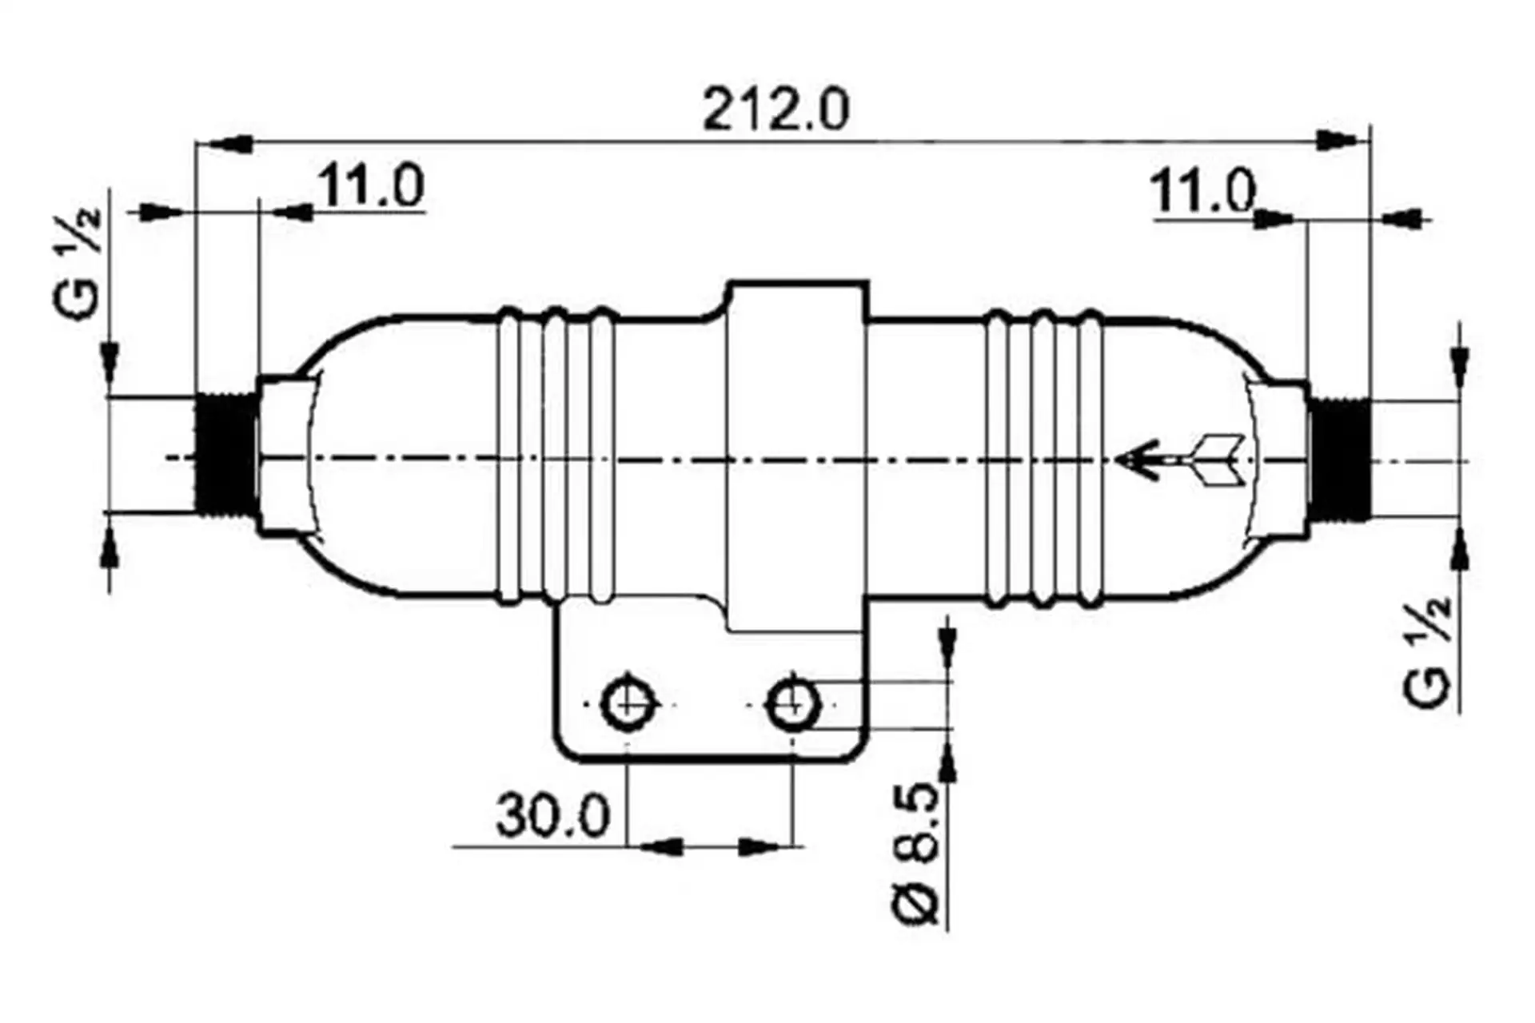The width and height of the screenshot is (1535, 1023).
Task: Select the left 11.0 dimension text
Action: tap(372, 185)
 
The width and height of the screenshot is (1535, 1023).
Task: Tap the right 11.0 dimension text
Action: tap(1202, 192)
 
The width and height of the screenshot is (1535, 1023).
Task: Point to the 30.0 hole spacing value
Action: tap(552, 815)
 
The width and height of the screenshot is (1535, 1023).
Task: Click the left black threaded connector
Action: tap(226, 456)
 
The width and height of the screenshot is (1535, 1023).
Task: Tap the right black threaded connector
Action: tap(1340, 460)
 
